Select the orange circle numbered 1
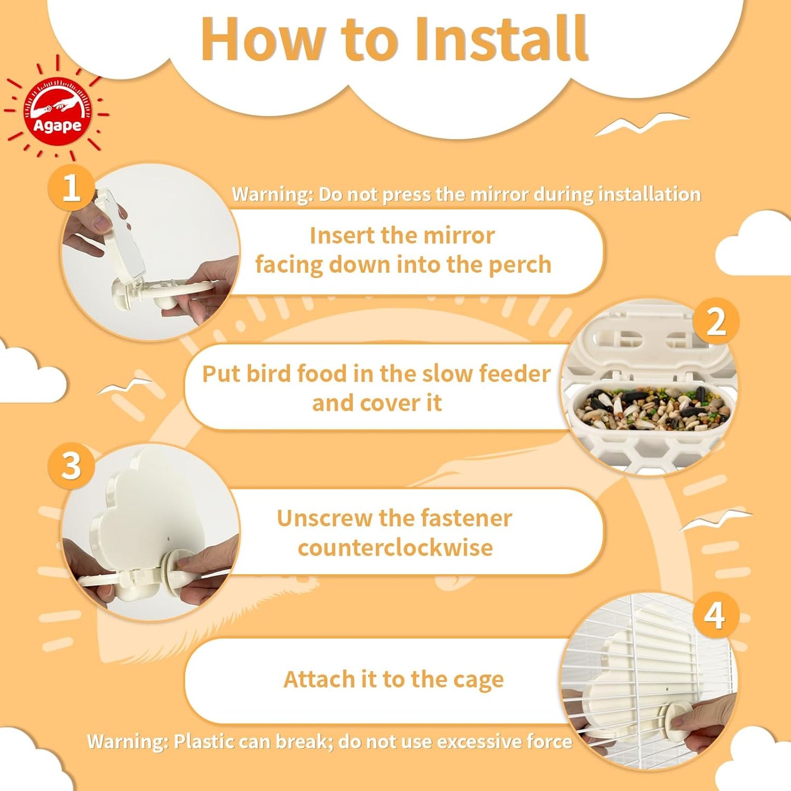[71, 188]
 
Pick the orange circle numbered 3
[71, 466]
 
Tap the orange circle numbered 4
[715, 615]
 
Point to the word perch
[519, 264]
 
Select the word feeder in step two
[515, 374]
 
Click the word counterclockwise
[395, 547]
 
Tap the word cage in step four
[477, 679]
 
